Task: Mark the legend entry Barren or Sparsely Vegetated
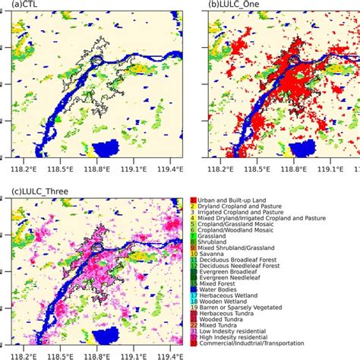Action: coord(244,306)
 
